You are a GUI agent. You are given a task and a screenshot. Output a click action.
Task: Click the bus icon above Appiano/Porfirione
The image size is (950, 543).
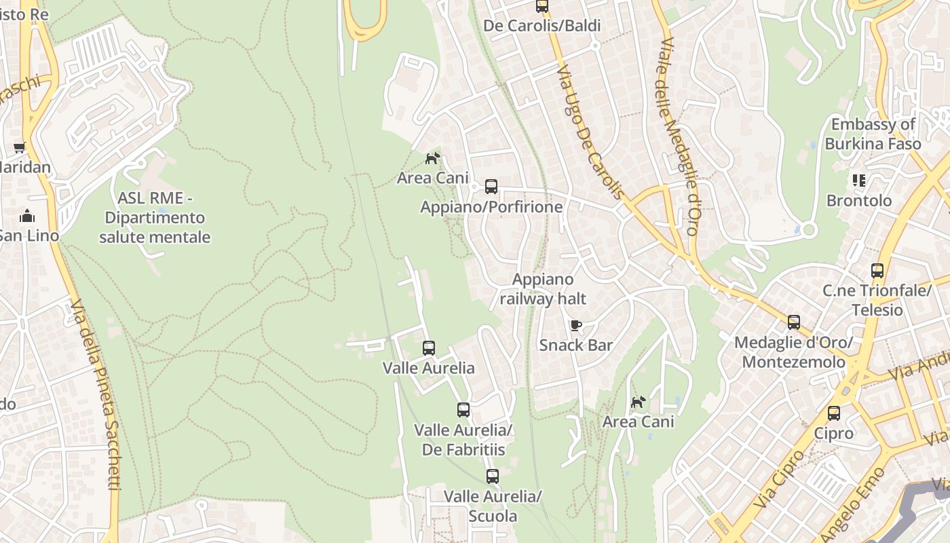(491, 187)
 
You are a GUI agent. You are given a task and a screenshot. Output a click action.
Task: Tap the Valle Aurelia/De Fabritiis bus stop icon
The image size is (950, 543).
(463, 410)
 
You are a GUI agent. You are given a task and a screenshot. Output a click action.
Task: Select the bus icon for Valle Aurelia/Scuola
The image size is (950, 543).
(493, 476)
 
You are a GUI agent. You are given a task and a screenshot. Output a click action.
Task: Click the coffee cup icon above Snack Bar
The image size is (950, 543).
(576, 325)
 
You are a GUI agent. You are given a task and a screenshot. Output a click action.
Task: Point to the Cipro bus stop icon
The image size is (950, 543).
(834, 413)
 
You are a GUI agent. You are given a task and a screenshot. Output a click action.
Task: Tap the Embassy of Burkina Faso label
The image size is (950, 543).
(873, 134)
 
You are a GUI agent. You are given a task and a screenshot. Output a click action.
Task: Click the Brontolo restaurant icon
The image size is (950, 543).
(859, 181)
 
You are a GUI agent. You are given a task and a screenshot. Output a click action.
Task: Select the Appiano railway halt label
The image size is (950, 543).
(543, 289)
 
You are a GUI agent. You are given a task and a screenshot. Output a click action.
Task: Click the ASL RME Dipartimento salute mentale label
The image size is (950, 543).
(155, 218)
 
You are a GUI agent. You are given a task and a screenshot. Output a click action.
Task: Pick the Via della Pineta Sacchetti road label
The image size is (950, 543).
(95, 394)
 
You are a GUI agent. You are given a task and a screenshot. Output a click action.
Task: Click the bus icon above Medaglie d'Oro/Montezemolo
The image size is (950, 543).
(794, 322)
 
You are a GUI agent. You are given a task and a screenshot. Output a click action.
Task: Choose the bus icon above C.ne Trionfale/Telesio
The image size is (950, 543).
(877, 271)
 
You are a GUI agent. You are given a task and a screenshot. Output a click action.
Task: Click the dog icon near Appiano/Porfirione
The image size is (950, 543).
(432, 158)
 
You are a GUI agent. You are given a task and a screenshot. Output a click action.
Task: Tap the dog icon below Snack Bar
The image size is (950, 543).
(639, 402)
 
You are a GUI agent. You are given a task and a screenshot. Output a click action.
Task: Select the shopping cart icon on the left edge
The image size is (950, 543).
(20, 147)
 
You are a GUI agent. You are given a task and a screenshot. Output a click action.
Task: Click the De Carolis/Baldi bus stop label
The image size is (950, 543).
(542, 26)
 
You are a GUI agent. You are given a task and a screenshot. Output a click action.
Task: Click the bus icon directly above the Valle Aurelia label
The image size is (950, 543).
(429, 348)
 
